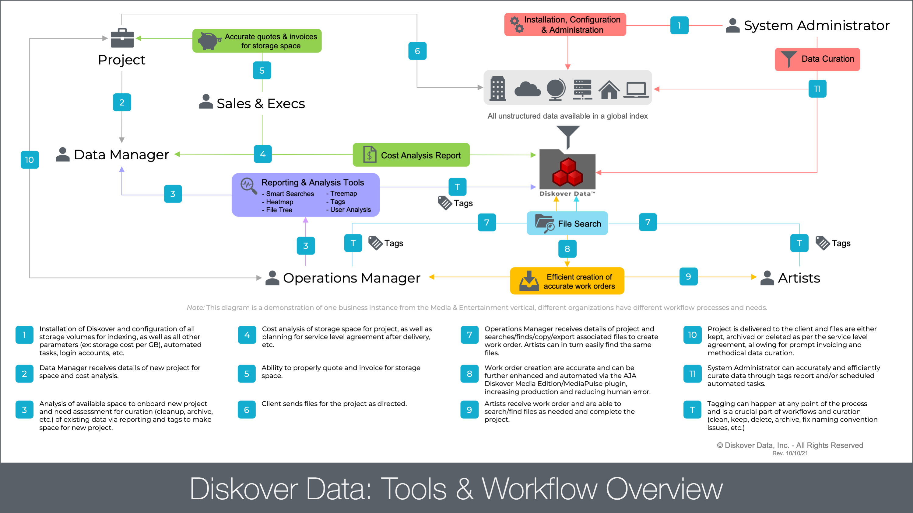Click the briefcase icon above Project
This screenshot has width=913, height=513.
pyautogui.click(x=122, y=38)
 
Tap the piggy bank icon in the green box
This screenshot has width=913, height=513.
pyautogui.click(x=209, y=41)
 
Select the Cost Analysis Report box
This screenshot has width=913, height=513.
pyautogui.click(x=411, y=155)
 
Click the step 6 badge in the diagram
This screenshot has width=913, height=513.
pyautogui.click(x=417, y=51)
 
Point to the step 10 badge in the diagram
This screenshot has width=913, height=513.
pyautogui.click(x=30, y=160)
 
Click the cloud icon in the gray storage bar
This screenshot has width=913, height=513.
pyautogui.click(x=527, y=89)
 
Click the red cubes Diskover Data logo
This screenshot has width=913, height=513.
pyautogui.click(x=567, y=172)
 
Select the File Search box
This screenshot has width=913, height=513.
pyautogui.click(x=567, y=224)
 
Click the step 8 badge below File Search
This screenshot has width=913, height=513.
pyautogui.click(x=567, y=249)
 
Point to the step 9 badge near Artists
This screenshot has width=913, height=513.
pyautogui.click(x=688, y=276)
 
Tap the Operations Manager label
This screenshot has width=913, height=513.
pyautogui.click(x=351, y=278)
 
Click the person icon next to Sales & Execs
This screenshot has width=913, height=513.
pyautogui.click(x=205, y=102)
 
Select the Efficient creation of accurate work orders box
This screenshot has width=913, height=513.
pyautogui.click(x=567, y=281)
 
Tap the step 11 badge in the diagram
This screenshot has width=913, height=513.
pyautogui.click(x=817, y=89)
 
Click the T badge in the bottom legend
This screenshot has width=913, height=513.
pyautogui.click(x=692, y=410)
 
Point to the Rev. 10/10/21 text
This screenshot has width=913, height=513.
pyautogui.click(x=790, y=453)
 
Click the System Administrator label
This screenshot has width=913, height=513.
pyautogui.click(x=816, y=26)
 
